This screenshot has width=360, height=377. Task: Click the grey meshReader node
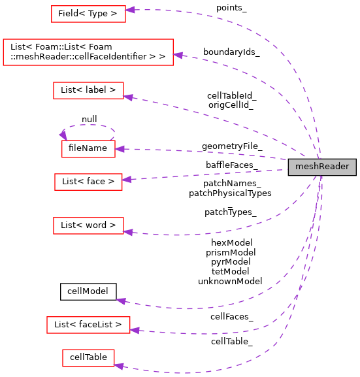pyautogui.click(x=322, y=167)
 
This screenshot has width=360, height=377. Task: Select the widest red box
pyautogui.click(x=88, y=52)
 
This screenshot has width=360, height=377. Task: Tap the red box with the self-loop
pyautogui.click(x=88, y=149)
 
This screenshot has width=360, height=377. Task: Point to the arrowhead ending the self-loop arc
pyautogui.click(x=63, y=134)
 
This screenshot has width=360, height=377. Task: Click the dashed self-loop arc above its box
pyautogui.click(x=88, y=125)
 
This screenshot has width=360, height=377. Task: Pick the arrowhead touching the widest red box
pyautogui.click(x=178, y=56)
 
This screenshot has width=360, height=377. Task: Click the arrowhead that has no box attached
pyautogui.click(x=121, y=301)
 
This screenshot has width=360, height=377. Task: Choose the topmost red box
pyautogui.click(x=88, y=14)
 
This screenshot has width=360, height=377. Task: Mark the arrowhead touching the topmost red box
pyautogui.click(x=130, y=10)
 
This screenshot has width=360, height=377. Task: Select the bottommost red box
pyautogui.click(x=88, y=358)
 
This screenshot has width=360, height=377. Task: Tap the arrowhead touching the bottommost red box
pyautogui.click(x=119, y=365)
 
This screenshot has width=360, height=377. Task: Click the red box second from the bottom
pyautogui.click(x=88, y=325)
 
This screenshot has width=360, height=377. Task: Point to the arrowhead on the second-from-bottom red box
pyautogui.click(x=135, y=330)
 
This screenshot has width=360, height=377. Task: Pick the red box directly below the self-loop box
pyautogui.click(x=88, y=182)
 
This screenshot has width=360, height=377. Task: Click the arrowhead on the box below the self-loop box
pyautogui.click(x=127, y=179)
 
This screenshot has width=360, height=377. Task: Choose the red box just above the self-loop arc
pyautogui.click(x=88, y=90)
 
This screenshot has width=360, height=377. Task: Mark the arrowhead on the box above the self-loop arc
pyautogui.click(x=128, y=97)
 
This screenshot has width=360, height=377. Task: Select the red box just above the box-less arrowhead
pyautogui.click(x=88, y=225)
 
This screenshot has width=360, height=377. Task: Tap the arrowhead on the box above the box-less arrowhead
pyautogui.click(x=128, y=232)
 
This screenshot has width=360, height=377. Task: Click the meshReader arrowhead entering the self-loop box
pyautogui.click(x=120, y=149)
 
